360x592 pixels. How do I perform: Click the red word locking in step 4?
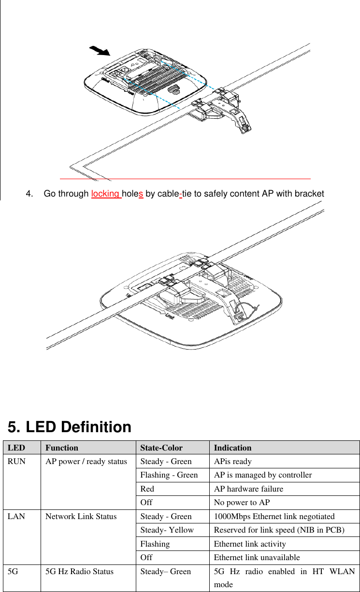105,194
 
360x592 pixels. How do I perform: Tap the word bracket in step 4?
309,194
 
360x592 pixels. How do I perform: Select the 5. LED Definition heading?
70,427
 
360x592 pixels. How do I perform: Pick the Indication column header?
232,448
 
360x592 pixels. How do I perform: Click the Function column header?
61,448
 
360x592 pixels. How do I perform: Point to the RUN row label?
16,461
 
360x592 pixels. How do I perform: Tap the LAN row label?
16,516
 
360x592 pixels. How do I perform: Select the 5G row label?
14,571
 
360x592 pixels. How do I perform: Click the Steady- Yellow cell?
167,530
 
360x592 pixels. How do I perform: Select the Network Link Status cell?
81,516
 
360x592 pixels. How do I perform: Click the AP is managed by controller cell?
262,475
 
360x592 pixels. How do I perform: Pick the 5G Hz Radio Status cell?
79,571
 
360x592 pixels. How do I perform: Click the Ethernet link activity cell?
250,544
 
